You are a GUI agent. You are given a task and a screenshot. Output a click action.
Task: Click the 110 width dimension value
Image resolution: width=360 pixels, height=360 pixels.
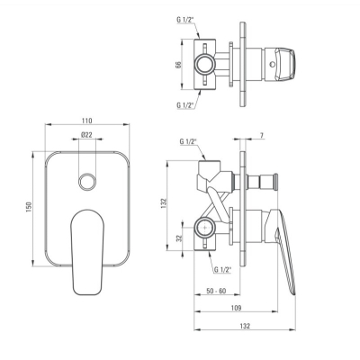[86, 121]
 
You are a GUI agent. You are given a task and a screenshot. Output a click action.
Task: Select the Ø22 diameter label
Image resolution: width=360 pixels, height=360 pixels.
[86, 135]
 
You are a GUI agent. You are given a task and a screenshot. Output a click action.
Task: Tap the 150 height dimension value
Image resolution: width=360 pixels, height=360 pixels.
[29, 207]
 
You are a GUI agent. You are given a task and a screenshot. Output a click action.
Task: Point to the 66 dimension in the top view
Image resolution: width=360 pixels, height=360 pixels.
[178, 65]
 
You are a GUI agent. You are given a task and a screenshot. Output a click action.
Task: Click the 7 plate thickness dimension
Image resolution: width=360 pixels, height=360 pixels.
[262, 135]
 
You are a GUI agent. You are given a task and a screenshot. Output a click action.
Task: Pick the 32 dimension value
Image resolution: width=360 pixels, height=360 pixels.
[179, 238]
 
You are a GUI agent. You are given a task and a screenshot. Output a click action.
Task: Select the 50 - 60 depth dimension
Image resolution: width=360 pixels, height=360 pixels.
[216, 291]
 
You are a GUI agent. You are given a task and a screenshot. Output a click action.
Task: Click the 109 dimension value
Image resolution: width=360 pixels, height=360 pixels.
[237, 308]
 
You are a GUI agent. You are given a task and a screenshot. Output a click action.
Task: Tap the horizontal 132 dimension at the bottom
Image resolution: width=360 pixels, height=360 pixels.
[245, 326]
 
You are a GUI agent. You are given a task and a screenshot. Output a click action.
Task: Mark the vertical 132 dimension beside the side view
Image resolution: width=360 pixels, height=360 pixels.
[164, 203]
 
